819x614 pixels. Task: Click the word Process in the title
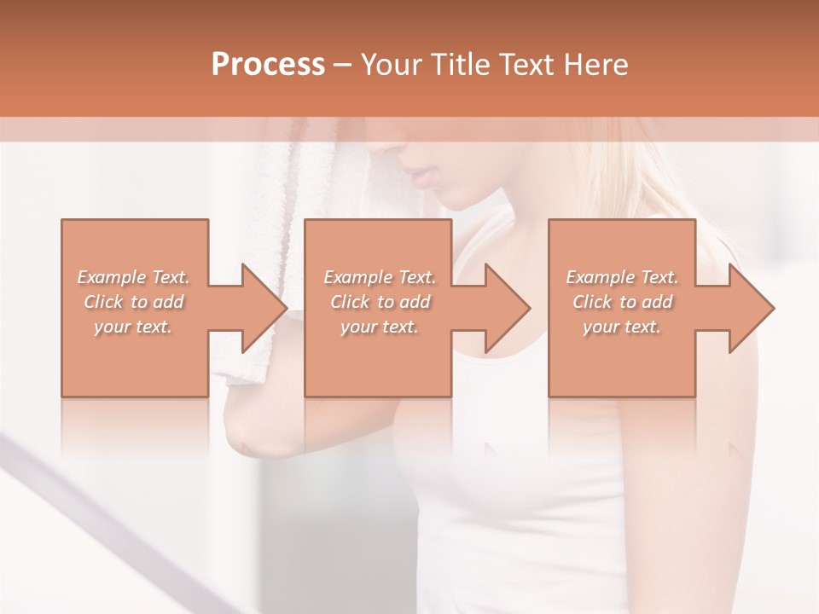(268, 65)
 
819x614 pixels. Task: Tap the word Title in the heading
(459, 65)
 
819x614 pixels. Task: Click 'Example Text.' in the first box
(133, 277)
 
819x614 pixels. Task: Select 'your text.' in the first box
(133, 327)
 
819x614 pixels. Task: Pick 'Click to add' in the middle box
(380, 302)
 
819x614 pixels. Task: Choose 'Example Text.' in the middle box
(380, 277)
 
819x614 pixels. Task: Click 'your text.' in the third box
(622, 327)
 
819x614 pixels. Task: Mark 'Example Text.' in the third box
(622, 277)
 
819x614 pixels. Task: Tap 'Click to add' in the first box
(133, 302)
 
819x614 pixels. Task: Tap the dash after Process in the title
(343, 65)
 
